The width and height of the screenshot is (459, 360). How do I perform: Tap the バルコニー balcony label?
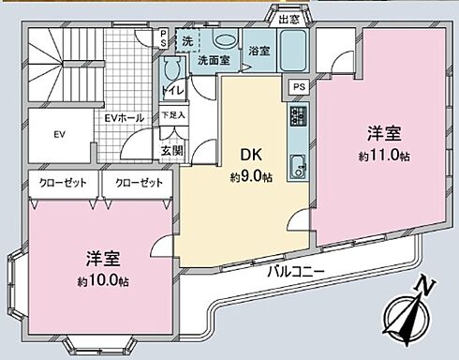(x=294, y=272)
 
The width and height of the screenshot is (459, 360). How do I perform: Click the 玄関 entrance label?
(x=172, y=150)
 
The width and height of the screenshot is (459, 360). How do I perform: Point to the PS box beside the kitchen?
(x=299, y=87)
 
